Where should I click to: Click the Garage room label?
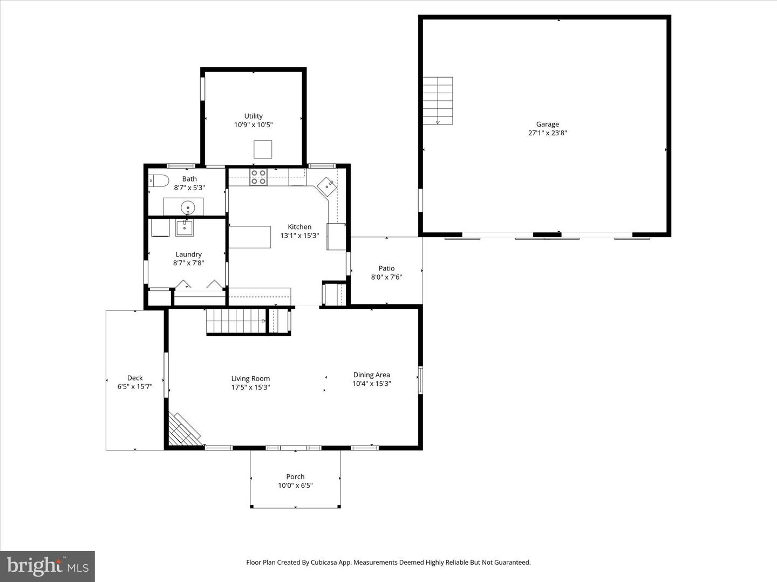pos(547,124)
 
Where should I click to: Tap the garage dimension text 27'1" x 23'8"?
pos(547,133)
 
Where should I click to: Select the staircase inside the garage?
pos(437,101)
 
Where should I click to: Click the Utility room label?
pos(253,116)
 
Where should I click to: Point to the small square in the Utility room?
pos(263,149)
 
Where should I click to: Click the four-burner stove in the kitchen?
pos(258,177)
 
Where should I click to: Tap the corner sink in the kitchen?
pos(327,186)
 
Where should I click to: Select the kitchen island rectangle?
pos(250,237)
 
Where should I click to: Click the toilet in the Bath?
pos(159,180)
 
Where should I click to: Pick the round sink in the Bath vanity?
pos(187,206)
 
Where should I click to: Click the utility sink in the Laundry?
pos(185,227)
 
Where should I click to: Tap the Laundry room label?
pos(188,254)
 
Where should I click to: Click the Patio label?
pos(386,268)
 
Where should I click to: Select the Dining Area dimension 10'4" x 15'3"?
pos(371,384)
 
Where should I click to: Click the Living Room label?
pos(250,378)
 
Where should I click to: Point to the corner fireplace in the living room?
pos(182,431)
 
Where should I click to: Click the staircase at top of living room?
pos(237,321)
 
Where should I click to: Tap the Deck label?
pos(135,378)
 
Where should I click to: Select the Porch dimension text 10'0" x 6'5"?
pos(295,486)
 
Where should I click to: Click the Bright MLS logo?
pos(47,566)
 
